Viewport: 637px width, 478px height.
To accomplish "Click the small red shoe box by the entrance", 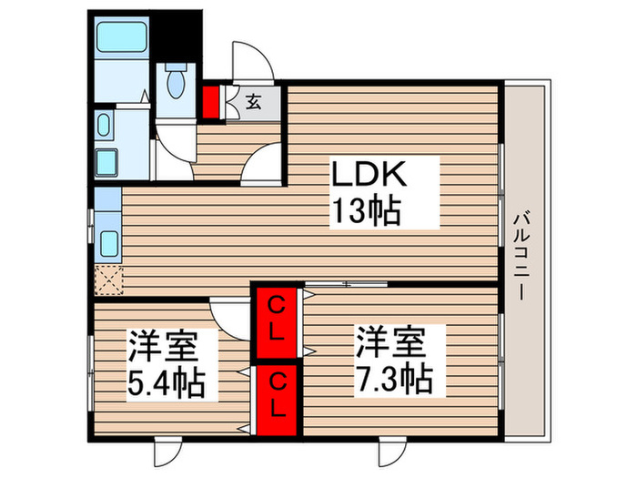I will tap(211, 102).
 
